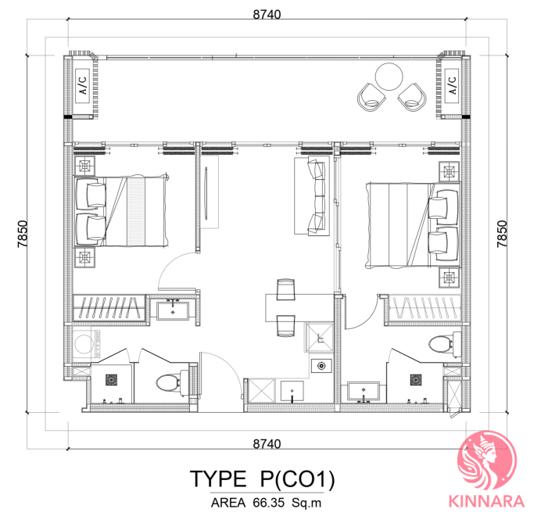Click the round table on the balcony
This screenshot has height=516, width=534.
coord(389,77)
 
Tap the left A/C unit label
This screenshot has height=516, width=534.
coord(83,85)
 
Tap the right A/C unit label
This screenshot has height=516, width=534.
coord(452,85)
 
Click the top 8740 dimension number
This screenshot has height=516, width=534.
coord(267,15)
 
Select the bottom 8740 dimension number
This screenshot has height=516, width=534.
coord(267,444)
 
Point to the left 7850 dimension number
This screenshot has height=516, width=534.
coord(23,234)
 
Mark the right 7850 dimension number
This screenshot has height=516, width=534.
coord(502,234)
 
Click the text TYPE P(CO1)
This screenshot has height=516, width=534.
coord(262,478)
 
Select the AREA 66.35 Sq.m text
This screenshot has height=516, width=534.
coord(266,503)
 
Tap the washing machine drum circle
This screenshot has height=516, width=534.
coord(84,344)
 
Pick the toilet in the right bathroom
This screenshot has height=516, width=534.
coord(445,344)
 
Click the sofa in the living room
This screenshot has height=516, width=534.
coord(312,195)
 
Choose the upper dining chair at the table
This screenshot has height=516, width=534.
coord(285,289)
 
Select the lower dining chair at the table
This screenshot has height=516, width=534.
coord(285,326)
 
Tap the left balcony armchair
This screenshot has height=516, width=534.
coord(371,96)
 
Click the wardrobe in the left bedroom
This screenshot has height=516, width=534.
coord(109,308)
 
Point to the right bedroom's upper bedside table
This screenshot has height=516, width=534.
coord(450,172)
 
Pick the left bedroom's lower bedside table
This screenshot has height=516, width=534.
coord(84,257)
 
